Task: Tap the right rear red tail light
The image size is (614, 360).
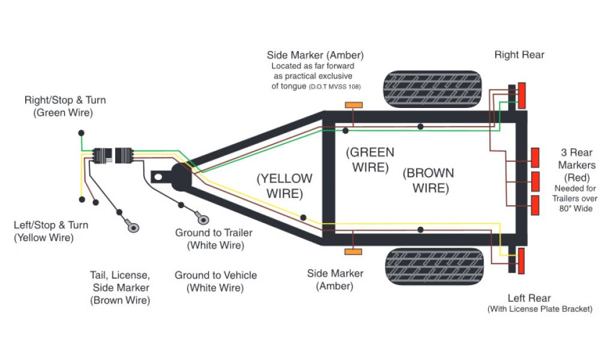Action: pos(522,95)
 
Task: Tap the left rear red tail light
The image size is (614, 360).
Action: pos(522,261)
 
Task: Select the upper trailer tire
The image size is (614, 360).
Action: pos(433,89)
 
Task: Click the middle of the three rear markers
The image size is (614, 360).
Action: pos(535,181)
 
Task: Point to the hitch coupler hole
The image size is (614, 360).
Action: pos(158,177)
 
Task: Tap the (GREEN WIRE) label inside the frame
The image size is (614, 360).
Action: pos(370,160)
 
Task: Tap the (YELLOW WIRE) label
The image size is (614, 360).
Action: pos(284,186)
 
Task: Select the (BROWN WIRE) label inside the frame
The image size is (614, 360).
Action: pos(428,181)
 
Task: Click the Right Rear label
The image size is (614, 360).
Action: pos(519,55)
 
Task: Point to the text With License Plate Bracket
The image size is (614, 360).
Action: pos(540,309)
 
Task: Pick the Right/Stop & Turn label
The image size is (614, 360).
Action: pos(65,106)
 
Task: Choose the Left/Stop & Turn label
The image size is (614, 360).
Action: pos(51,232)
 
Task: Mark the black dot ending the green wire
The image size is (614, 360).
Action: pos(81,132)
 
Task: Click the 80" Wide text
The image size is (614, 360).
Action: pos(574,208)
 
